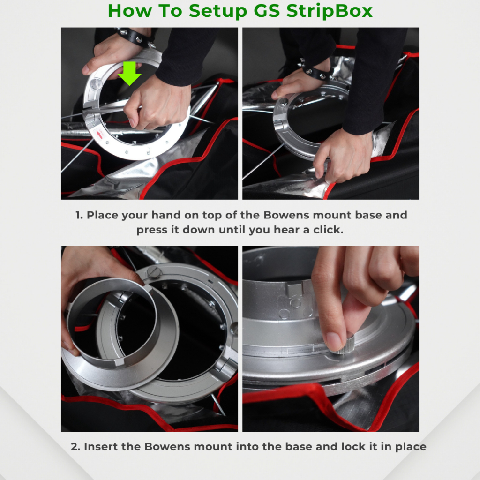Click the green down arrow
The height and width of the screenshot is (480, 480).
pyautogui.click(x=129, y=73)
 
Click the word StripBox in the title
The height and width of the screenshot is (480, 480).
pyautogui.click(x=330, y=11)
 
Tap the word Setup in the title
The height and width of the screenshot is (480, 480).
pyautogui.click(x=217, y=11)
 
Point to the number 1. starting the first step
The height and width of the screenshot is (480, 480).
pyautogui.click(x=79, y=215)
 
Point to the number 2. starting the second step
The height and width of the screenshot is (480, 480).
pyautogui.click(x=75, y=446)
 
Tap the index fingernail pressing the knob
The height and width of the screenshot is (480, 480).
pyautogui.click(x=333, y=341)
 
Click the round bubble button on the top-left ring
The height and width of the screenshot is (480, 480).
pyautogui.click(x=96, y=84)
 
